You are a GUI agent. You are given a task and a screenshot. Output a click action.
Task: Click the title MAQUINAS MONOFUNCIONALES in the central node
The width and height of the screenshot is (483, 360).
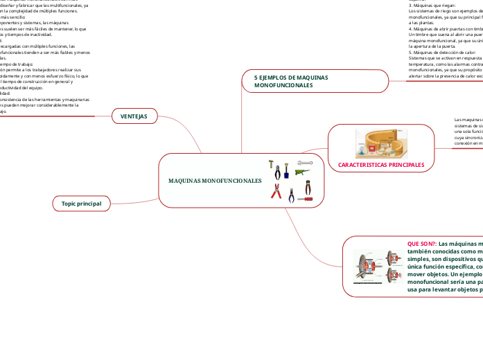[215, 180]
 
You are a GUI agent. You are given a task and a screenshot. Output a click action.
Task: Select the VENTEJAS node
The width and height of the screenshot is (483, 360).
[134, 116]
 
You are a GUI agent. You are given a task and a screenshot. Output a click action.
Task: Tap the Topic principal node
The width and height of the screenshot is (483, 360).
[81, 204]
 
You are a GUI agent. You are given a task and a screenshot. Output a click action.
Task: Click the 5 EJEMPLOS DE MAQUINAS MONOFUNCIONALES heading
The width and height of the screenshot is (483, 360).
[291, 80]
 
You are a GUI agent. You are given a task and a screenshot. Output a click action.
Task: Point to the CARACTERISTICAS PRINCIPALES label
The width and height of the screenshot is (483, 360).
[380, 165]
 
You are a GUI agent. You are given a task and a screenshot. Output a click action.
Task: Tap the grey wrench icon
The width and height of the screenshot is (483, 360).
[304, 163]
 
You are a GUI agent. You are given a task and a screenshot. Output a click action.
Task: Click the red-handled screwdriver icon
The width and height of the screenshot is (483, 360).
[305, 199]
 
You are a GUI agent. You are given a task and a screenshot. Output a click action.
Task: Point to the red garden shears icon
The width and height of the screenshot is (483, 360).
[276, 191]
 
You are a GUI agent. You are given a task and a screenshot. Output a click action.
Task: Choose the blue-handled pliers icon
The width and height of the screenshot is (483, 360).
[292, 195]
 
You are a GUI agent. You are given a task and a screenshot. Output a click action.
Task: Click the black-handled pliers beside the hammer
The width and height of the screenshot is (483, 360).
[277, 172]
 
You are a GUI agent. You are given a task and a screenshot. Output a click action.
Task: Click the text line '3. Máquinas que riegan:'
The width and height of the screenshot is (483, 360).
[432, 5]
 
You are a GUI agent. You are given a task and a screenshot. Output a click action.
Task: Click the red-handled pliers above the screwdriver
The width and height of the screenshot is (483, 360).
[308, 187]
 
